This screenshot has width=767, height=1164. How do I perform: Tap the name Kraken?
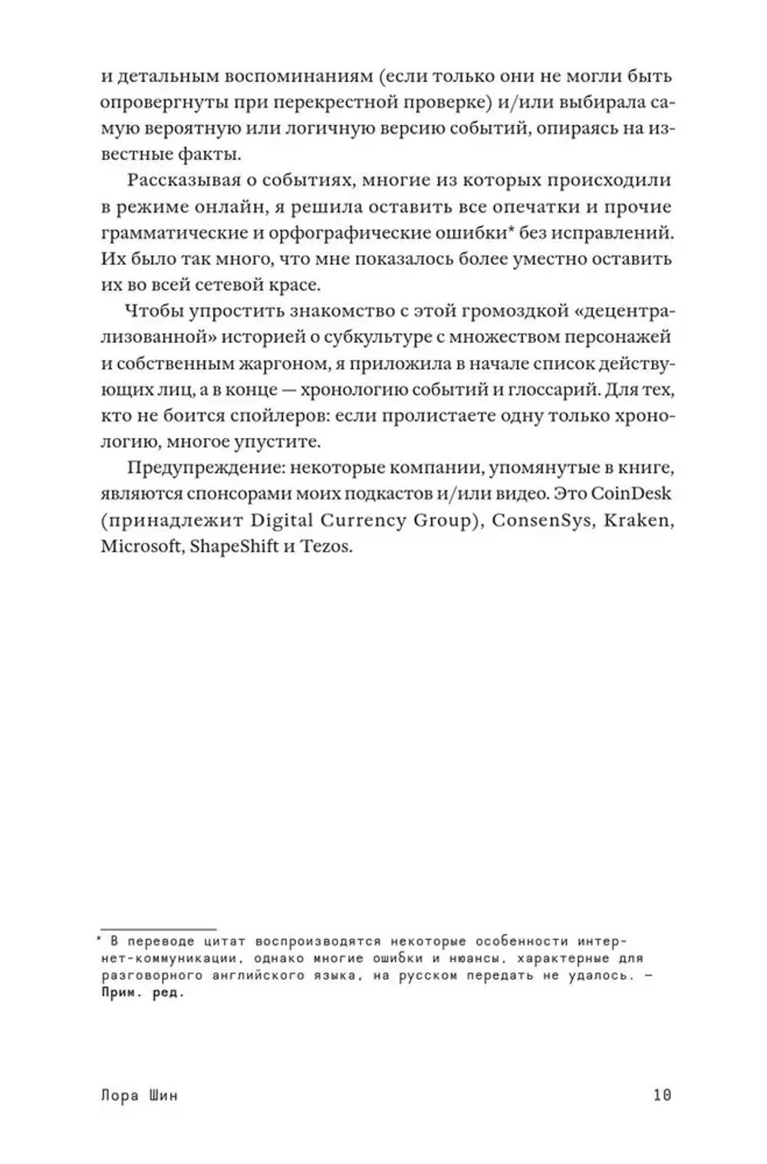[638, 520]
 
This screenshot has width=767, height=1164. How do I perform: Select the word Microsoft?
[138, 547]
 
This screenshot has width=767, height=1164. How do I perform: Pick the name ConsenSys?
[542, 520]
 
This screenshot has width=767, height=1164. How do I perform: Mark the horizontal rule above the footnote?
[158, 929]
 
